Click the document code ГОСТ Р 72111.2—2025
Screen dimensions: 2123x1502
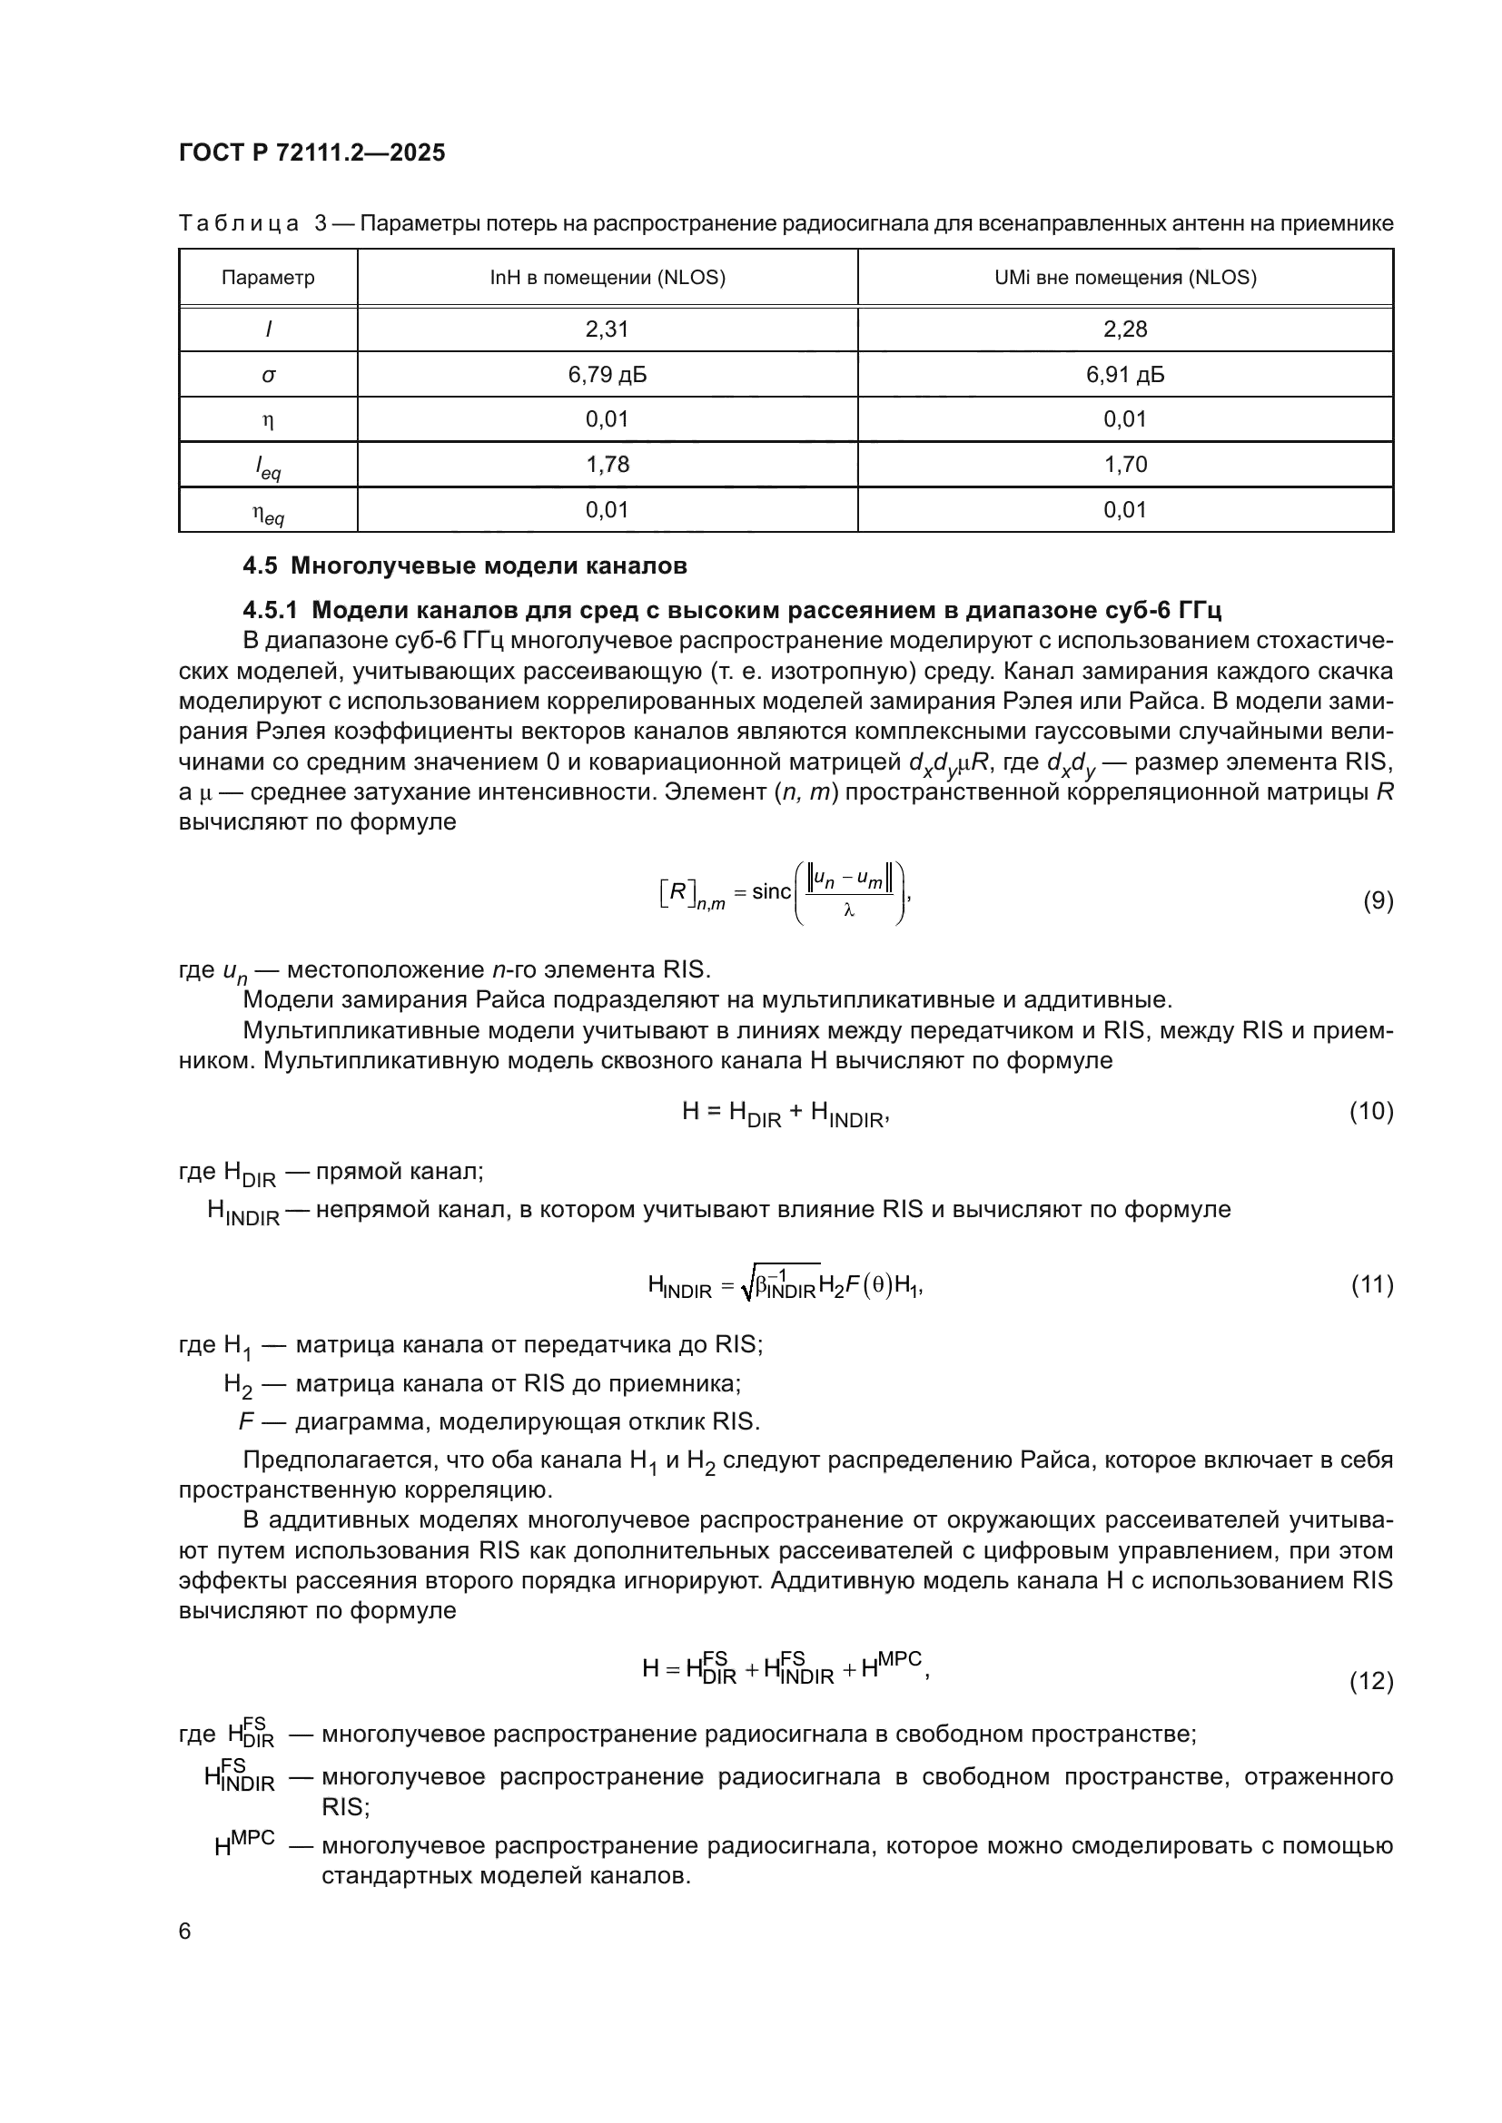click(x=311, y=152)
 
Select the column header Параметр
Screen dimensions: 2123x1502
click(x=268, y=278)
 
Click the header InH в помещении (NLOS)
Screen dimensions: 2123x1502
click(x=607, y=278)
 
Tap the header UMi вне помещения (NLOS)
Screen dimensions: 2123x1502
click(x=1124, y=278)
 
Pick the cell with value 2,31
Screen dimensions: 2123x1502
click(x=607, y=329)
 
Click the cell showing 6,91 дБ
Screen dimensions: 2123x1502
click(x=1124, y=375)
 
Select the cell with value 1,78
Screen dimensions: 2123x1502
click(x=607, y=464)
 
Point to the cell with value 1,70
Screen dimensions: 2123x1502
click(x=1124, y=464)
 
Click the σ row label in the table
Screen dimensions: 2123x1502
click(x=268, y=376)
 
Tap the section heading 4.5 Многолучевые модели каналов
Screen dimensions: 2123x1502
click(x=464, y=565)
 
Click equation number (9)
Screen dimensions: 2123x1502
click(x=1378, y=900)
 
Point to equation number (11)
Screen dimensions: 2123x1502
click(x=1370, y=1284)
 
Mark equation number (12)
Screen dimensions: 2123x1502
click(x=1370, y=1680)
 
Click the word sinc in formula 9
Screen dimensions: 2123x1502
click(x=771, y=892)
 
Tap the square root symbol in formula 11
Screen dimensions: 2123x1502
click(x=747, y=1286)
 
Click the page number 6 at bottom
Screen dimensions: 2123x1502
click(x=185, y=1931)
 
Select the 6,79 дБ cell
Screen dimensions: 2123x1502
click(x=607, y=375)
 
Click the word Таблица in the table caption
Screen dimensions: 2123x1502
click(x=238, y=224)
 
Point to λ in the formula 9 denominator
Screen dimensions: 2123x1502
click(x=848, y=910)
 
